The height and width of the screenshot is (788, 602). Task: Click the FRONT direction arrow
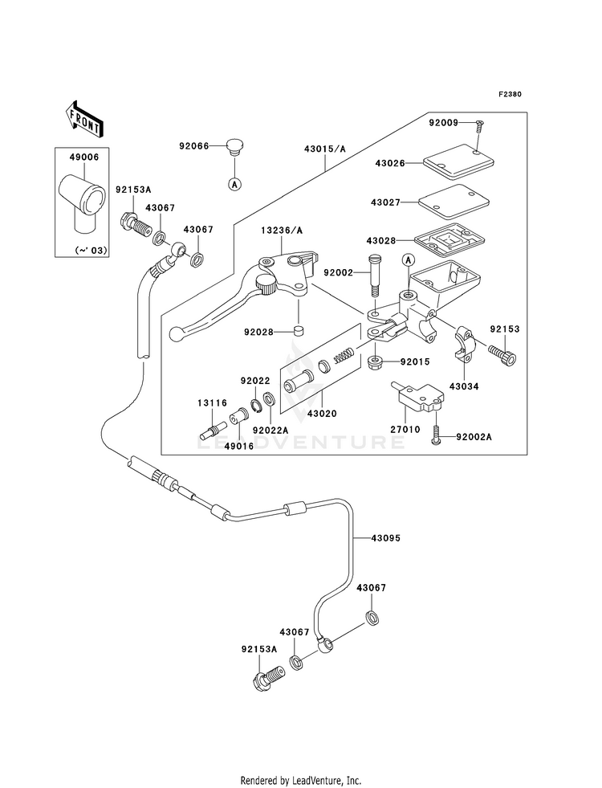pos(83,119)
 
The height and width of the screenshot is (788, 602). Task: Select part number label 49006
pos(84,157)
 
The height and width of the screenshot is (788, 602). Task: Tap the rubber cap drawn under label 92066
pos(234,148)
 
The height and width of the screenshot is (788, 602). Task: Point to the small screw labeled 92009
pos(478,125)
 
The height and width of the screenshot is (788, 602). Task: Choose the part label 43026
pos(389,163)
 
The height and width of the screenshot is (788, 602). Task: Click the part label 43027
pos(385,202)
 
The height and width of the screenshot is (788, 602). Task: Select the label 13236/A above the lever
pos(282,231)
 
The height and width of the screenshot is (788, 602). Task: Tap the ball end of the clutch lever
pos(176,333)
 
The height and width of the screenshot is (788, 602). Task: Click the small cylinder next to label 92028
pos(299,332)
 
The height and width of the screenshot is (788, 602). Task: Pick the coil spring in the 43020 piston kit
pos(344,355)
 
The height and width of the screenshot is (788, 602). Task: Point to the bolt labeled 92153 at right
pos(502,353)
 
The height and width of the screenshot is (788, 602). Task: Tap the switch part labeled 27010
pos(417,398)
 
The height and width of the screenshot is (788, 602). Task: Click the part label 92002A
pos(474,437)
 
